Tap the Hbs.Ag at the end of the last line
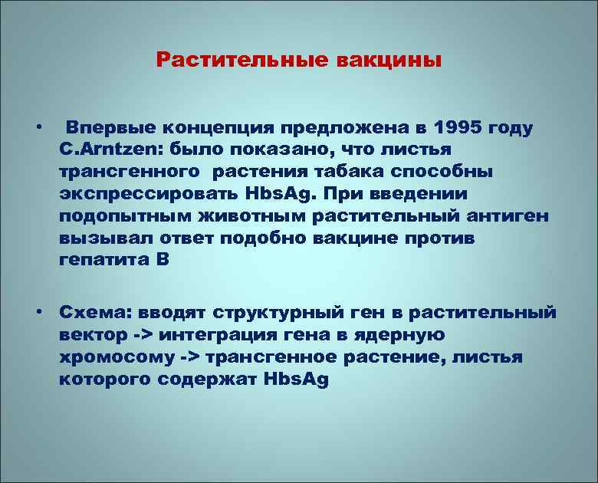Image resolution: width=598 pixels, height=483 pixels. (294, 380)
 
